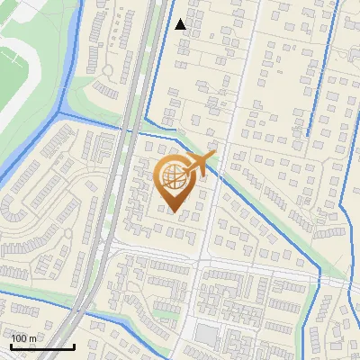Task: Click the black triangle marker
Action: [181, 24]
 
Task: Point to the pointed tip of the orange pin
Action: [174, 211]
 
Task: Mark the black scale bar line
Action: [41, 346]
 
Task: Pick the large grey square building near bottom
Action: [206, 334]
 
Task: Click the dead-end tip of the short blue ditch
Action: [308, 135]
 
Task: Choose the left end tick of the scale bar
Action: [11, 346]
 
